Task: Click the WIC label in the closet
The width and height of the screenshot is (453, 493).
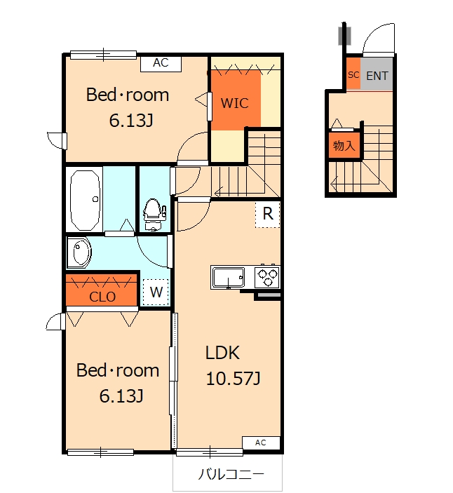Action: (235, 103)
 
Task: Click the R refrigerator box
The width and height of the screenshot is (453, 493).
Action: (267, 214)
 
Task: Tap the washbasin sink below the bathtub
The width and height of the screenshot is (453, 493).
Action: (79, 253)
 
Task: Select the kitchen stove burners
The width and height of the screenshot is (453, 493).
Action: (267, 276)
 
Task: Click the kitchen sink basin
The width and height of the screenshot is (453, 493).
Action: (226, 277)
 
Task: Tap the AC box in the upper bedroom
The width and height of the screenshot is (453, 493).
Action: (161, 63)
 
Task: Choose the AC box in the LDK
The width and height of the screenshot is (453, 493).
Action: (261, 443)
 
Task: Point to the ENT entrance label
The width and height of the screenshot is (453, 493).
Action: (377, 76)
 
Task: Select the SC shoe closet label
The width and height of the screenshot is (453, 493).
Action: (353, 74)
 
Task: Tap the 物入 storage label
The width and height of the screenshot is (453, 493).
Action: (344, 147)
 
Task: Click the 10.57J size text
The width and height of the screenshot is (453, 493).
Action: (234, 379)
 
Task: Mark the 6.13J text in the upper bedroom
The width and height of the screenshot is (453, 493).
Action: (131, 121)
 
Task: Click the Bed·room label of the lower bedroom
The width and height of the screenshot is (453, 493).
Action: (118, 370)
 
